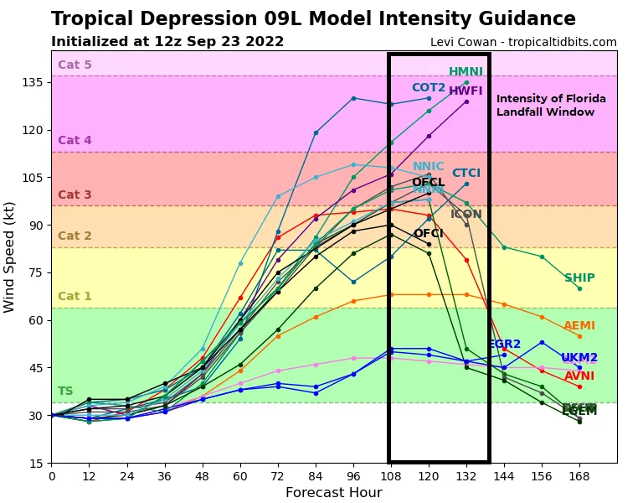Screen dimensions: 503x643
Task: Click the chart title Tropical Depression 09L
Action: (313, 19)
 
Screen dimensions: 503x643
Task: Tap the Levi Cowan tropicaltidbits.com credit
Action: (523, 42)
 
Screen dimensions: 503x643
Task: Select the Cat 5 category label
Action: (75, 65)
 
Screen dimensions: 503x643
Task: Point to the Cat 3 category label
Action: (75, 195)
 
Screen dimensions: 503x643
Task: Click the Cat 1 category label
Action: (75, 296)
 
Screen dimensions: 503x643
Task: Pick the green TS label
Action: (65, 392)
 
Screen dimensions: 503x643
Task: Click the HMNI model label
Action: (466, 72)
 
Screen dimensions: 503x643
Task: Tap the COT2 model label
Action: (429, 88)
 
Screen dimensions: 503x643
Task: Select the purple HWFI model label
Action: (466, 91)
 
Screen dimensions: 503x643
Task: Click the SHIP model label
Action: (579, 278)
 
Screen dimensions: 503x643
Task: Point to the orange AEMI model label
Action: (579, 326)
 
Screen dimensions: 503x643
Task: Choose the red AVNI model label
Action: (579, 376)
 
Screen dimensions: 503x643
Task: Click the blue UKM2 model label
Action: (579, 358)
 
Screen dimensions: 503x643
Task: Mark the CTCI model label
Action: (466, 174)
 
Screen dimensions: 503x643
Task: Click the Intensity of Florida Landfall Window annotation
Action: (551, 106)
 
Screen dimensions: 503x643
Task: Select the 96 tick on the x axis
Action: (353, 474)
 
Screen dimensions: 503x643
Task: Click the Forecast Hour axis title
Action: (333, 493)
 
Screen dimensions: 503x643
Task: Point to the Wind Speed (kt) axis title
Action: (10, 257)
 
